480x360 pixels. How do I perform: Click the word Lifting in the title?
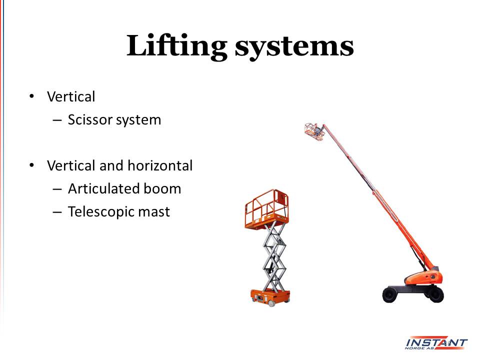click(x=176, y=47)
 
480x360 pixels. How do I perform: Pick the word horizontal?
click(x=160, y=165)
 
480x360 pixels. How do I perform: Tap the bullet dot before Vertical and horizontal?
click(x=31, y=165)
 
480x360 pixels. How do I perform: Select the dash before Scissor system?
click(x=57, y=120)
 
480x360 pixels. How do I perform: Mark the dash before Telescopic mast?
click(x=57, y=212)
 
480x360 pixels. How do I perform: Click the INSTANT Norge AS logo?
click(x=436, y=343)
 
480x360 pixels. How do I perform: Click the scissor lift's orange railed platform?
click(x=266, y=209)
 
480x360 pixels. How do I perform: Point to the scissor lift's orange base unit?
click(x=270, y=297)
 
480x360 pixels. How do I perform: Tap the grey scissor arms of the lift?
click(x=274, y=257)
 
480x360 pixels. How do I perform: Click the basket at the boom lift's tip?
click(x=314, y=131)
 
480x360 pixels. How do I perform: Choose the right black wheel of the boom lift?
click(x=435, y=294)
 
